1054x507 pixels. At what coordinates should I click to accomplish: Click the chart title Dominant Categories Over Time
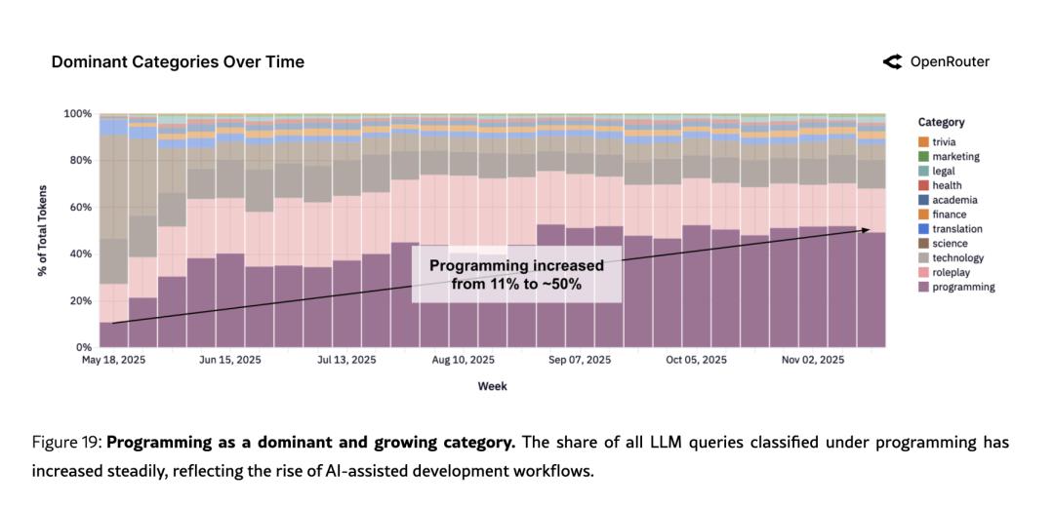(178, 61)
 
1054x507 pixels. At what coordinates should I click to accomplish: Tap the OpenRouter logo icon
(892, 61)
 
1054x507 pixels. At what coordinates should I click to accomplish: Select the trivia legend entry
(944, 141)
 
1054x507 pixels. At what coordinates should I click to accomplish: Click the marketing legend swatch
(923, 156)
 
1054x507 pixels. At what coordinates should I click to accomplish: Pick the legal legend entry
(943, 171)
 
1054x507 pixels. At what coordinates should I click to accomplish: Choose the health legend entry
(946, 185)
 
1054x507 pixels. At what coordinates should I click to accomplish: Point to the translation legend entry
(956, 229)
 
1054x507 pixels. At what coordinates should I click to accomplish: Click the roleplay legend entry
(952, 273)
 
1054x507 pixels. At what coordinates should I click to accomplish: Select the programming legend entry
(962, 288)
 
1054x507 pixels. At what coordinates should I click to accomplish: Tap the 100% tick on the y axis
(77, 113)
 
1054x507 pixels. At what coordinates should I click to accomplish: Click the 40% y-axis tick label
(80, 253)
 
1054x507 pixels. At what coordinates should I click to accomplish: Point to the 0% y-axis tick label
(83, 347)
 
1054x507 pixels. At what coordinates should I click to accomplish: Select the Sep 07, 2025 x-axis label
(580, 360)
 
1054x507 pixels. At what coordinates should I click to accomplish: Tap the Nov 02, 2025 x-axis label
(813, 360)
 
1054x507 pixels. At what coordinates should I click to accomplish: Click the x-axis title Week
(492, 386)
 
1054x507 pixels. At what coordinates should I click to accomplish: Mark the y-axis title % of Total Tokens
(43, 230)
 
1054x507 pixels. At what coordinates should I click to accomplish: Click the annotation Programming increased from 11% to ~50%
(516, 274)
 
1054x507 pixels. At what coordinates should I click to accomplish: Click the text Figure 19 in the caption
(64, 443)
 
